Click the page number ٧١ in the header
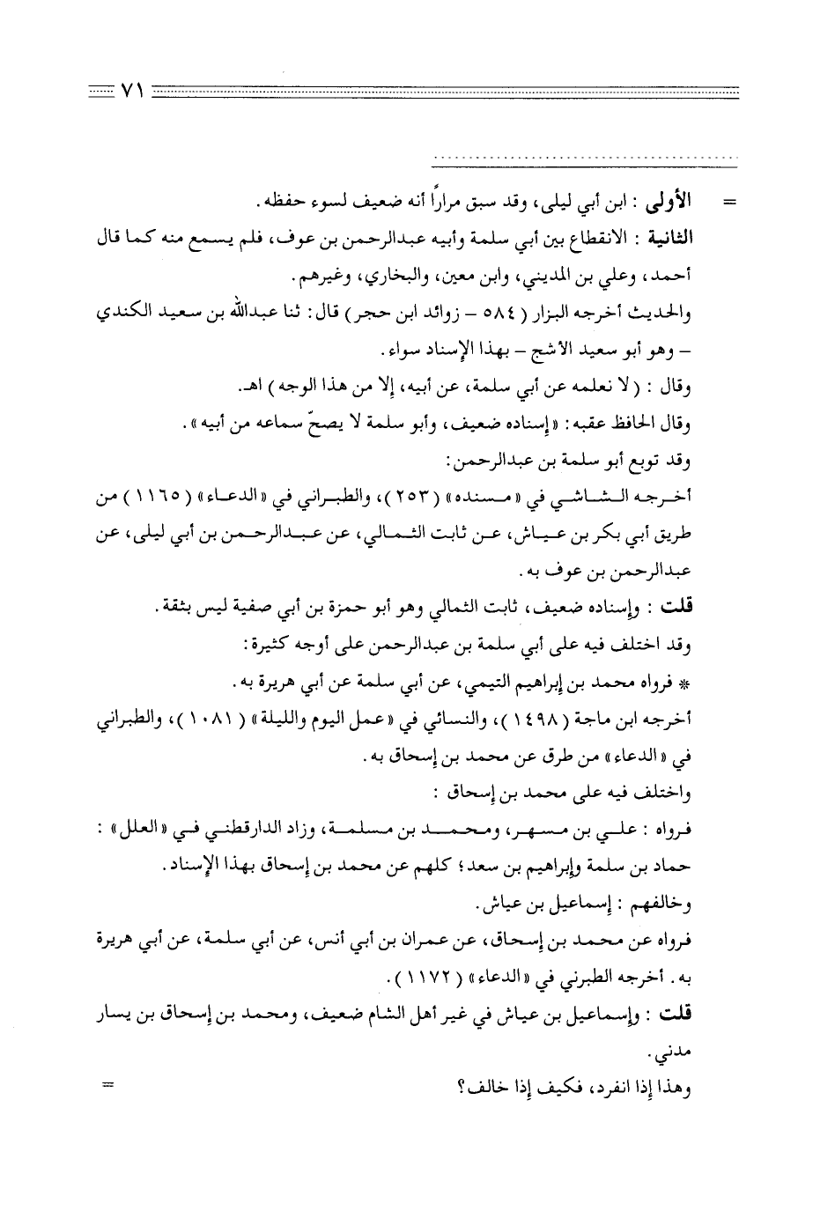tap(129, 90)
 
